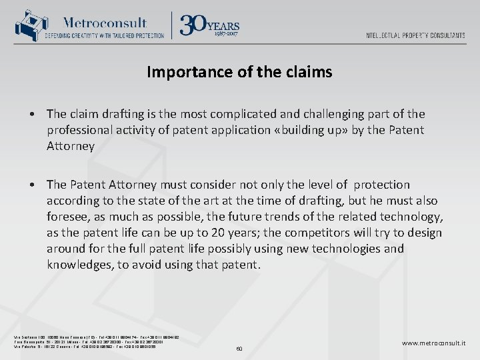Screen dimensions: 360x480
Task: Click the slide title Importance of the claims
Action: [x=239, y=72]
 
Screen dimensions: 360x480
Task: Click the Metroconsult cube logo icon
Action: [x=27, y=25]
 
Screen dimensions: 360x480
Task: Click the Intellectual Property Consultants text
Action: [x=415, y=35]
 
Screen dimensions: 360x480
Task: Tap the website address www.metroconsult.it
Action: [x=433, y=343]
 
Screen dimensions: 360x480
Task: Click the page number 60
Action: [x=239, y=348]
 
